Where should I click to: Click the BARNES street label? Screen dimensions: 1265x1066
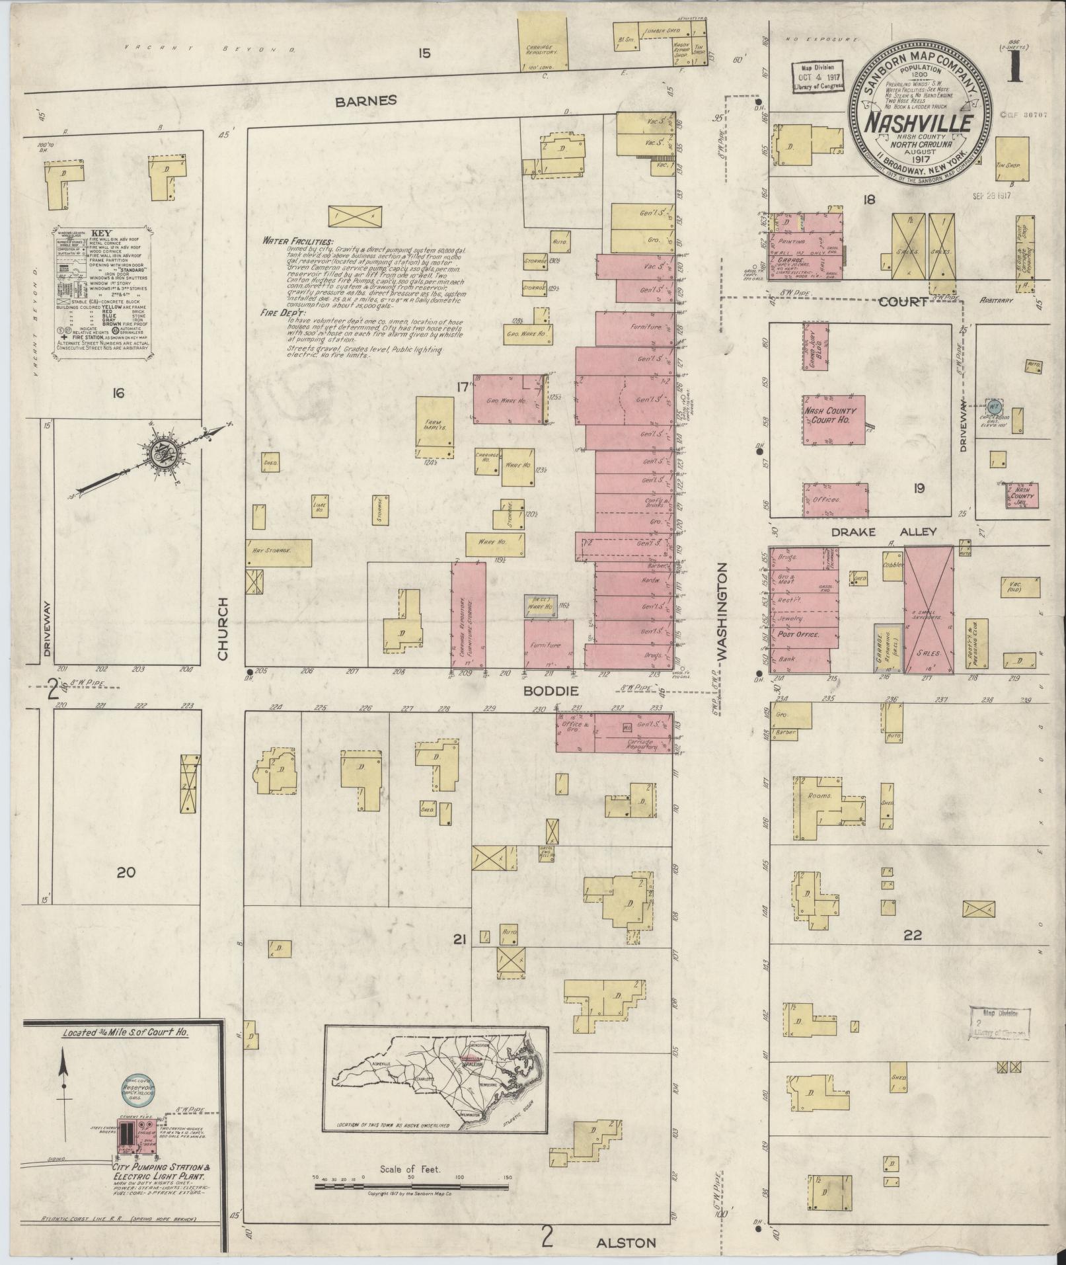[365, 101]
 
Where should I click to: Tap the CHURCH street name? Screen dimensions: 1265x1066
[221, 628]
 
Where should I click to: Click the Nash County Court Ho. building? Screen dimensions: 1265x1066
[835, 420]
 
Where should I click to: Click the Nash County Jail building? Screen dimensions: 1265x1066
[1021, 495]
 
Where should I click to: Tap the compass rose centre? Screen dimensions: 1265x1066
[161, 454]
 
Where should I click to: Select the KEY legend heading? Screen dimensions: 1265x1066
[101, 233]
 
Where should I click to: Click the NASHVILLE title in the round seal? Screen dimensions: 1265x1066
[919, 124]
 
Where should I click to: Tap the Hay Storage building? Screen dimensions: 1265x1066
[278, 552]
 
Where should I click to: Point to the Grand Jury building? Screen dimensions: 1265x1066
[816, 347]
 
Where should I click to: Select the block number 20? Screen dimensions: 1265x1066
[126, 872]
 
